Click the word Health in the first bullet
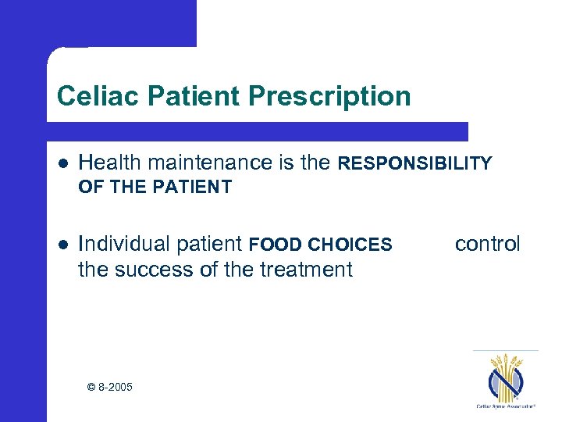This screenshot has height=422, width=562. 110,163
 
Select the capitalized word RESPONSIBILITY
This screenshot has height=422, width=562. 414,163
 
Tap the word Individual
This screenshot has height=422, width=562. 125,244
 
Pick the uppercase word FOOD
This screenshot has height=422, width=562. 274,245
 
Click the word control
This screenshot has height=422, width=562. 487,244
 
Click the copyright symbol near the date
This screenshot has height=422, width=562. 91,387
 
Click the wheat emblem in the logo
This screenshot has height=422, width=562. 505,376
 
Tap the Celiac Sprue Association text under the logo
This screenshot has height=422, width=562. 505,406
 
